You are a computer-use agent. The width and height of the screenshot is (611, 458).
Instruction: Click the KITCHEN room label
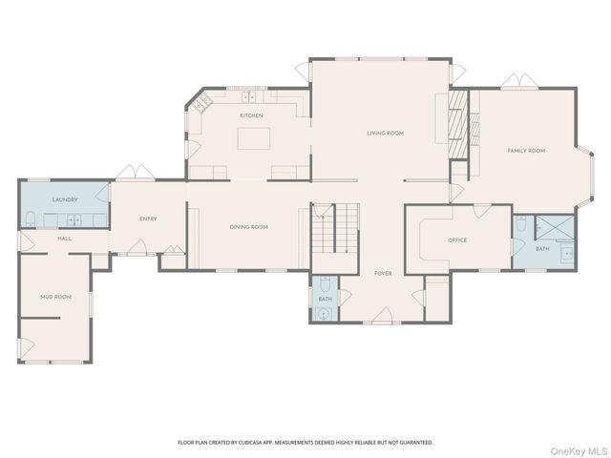click(251, 115)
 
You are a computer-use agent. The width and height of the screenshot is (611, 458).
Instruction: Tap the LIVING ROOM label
click(385, 134)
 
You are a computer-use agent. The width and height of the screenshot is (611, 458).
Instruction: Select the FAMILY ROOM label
click(526, 151)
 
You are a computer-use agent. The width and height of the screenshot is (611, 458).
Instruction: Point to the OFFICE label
click(457, 240)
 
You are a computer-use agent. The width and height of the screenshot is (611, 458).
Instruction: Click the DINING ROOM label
click(248, 227)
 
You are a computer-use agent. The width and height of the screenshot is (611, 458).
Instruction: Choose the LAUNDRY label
click(65, 199)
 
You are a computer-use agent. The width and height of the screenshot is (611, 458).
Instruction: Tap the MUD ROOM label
click(55, 297)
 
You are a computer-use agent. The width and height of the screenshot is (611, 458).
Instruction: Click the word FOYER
click(383, 274)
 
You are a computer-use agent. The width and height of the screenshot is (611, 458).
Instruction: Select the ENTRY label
click(148, 219)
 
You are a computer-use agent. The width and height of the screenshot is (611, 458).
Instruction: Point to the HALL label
click(64, 239)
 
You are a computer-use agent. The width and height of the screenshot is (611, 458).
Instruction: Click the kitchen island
click(254, 138)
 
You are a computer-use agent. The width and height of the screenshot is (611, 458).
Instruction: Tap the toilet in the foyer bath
click(325, 284)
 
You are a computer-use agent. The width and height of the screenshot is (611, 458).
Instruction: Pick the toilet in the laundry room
click(31, 219)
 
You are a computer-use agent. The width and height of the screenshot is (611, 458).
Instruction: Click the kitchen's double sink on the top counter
click(248, 97)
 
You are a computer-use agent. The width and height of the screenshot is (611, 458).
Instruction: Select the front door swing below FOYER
click(383, 316)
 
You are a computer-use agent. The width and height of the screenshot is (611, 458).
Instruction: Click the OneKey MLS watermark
click(579, 451)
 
